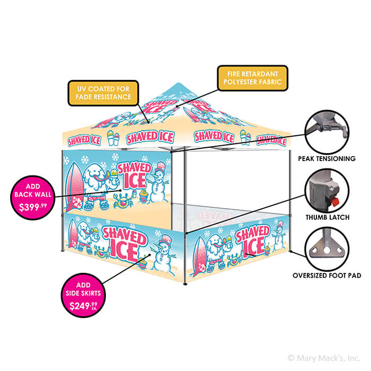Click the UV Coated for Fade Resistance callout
[103, 93]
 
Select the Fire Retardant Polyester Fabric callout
[252, 78]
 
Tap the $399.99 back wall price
[33, 207]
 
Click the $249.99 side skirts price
[83, 306]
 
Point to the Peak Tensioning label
[327, 158]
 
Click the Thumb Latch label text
[328, 217]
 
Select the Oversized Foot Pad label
[327, 276]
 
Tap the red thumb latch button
[334, 202]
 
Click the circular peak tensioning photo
[327, 132]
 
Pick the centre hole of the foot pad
[327, 250]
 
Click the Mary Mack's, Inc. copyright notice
[324, 358]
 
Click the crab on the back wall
[123, 200]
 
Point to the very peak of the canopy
[178, 83]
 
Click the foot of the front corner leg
[185, 284]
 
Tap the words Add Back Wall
[33, 190]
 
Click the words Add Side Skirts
[83, 289]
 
